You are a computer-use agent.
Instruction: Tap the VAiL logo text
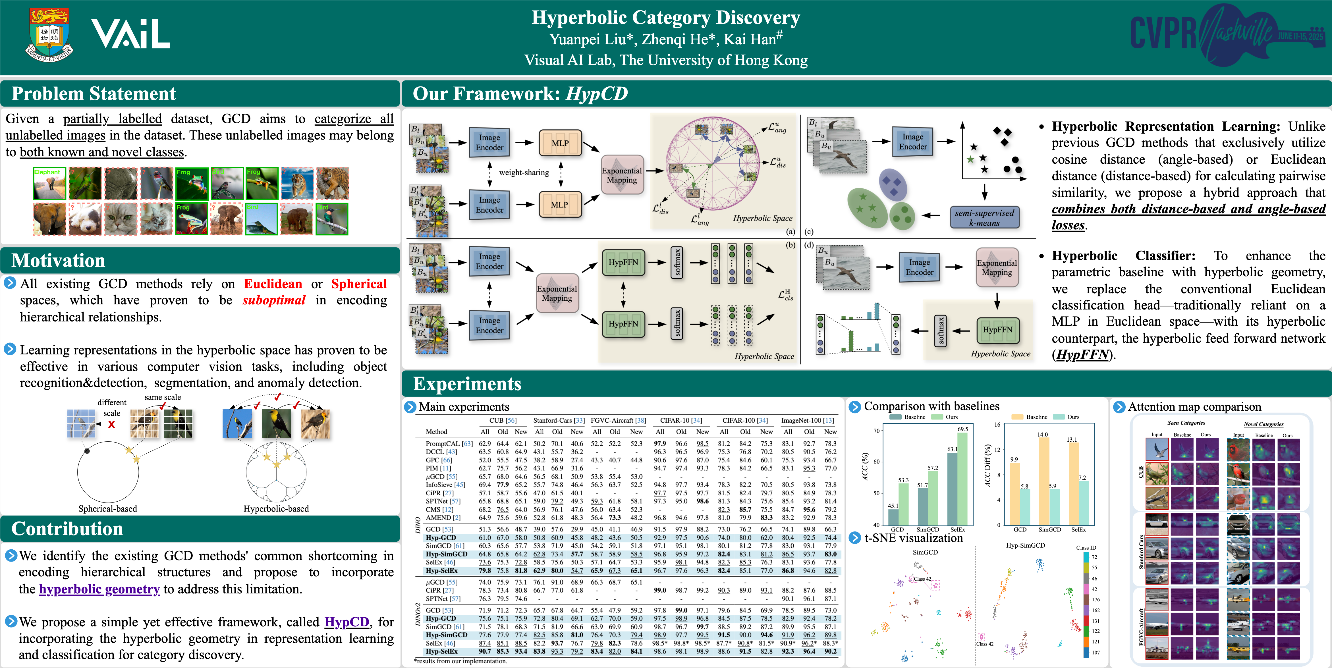click(x=130, y=34)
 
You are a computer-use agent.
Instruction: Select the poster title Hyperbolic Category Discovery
click(x=665, y=18)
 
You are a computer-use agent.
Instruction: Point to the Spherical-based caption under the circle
click(x=107, y=509)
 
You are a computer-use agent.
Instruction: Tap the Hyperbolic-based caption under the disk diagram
click(x=276, y=509)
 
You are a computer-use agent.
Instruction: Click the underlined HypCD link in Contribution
click(x=347, y=622)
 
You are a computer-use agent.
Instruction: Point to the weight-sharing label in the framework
click(x=524, y=173)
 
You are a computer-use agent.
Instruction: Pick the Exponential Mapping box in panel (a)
click(x=622, y=175)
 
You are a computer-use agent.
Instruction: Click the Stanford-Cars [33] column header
click(x=559, y=420)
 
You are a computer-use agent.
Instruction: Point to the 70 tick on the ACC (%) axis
click(x=876, y=430)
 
